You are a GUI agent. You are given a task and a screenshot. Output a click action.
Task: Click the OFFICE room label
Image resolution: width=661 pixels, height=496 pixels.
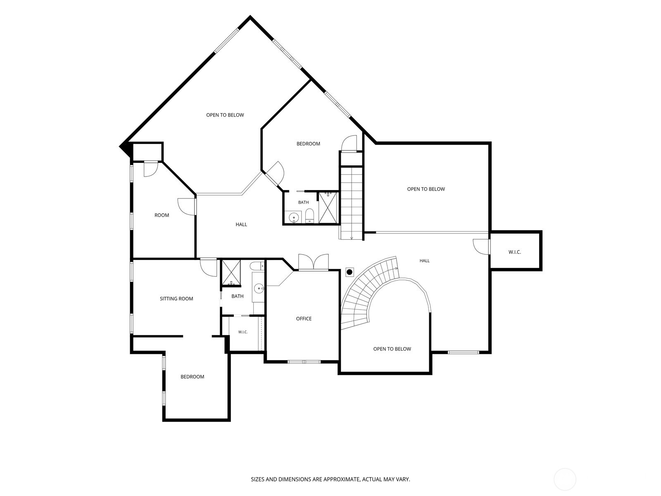click(x=304, y=319)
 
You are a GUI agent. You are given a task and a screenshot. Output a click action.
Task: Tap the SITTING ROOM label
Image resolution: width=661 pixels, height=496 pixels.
click(x=176, y=299)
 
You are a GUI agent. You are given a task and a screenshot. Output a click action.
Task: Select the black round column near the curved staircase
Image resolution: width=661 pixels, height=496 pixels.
click(x=350, y=272)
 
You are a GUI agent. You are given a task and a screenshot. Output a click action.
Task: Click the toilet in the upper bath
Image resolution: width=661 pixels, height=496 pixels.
click(x=309, y=216)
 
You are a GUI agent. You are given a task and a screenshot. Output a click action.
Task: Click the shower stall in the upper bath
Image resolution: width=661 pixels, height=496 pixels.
click(x=328, y=208)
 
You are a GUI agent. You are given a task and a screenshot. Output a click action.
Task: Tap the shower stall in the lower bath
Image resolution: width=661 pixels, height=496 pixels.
click(x=231, y=272)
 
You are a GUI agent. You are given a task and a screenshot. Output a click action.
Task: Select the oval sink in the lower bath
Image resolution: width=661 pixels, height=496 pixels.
click(x=258, y=289)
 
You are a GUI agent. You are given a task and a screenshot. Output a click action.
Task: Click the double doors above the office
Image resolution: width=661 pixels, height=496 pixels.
click(x=313, y=262)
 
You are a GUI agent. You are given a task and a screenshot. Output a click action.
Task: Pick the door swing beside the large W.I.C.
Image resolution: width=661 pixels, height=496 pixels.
click(x=481, y=247)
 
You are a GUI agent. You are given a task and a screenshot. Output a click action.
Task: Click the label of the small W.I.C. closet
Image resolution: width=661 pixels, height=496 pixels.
click(x=243, y=332)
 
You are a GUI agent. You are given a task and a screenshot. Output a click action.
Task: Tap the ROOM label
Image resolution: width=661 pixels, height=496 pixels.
click(x=162, y=215)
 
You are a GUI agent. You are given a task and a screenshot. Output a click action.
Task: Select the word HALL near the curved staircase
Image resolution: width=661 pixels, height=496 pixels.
click(x=425, y=261)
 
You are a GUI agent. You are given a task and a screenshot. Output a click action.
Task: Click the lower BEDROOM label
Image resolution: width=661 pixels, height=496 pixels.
click(x=192, y=377)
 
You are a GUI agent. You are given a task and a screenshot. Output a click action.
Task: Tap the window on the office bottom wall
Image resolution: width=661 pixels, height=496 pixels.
click(x=304, y=362)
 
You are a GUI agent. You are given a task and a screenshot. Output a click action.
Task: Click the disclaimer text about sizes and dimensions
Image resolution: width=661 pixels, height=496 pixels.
click(x=330, y=479)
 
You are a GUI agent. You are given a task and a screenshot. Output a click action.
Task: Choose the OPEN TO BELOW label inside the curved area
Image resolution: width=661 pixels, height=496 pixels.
click(x=392, y=349)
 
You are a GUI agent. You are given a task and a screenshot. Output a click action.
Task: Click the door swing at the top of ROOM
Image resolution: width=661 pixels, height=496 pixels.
click(x=150, y=169)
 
